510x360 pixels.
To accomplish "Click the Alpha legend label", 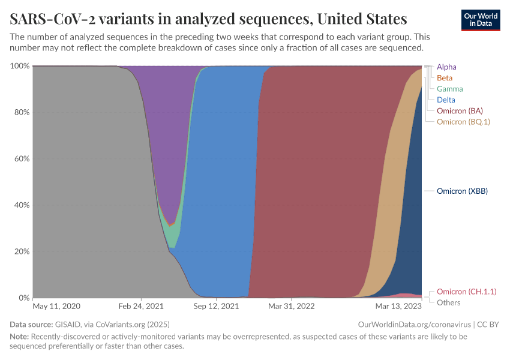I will [446, 67].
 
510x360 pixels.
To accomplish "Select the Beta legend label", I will [445, 78].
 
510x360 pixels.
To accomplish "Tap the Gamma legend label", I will [449, 89].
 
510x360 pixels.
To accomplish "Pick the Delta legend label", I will [446, 100].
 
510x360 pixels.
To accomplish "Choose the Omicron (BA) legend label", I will [460, 111].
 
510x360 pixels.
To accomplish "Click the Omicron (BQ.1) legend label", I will [463, 122].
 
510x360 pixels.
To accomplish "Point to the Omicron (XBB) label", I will [462, 191].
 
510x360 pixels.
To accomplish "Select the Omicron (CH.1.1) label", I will [466, 292].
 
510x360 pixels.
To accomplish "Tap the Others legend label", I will [449, 302].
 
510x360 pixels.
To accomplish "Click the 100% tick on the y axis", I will [20, 66].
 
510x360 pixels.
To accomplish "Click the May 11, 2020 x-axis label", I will [56, 306].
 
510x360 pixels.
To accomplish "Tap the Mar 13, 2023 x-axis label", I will [398, 306].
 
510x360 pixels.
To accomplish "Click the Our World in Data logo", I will [480, 19].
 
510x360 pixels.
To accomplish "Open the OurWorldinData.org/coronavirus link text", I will [413, 325].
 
